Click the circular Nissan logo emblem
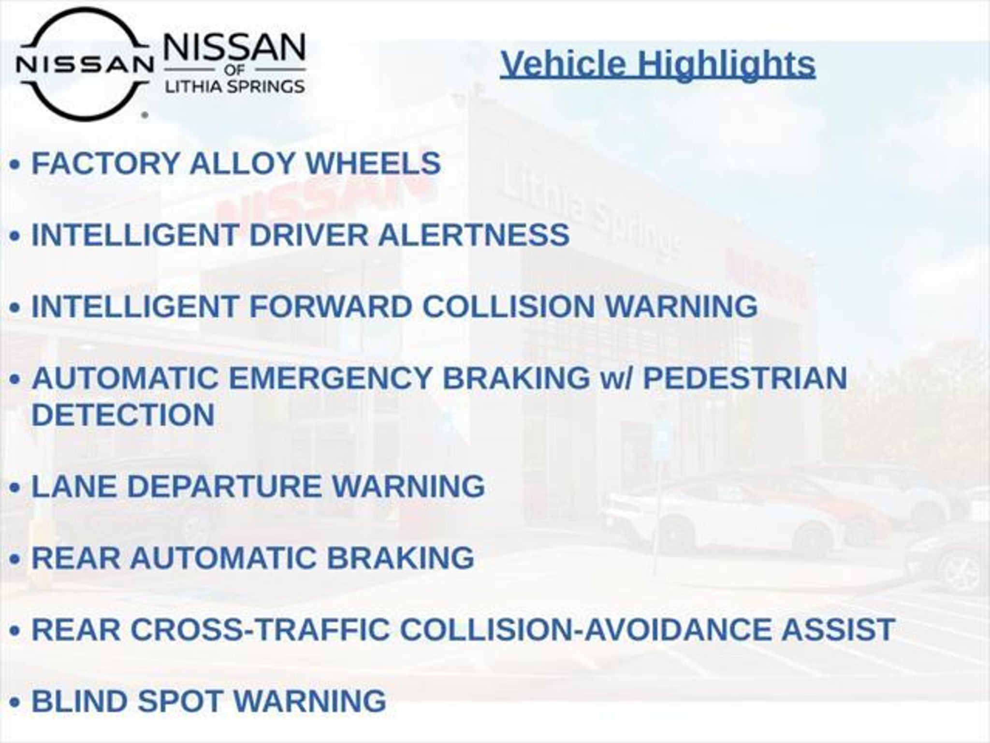click(84, 64)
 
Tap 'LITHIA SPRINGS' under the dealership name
click(235, 87)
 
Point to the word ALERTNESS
click(473, 235)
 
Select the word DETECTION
click(123, 415)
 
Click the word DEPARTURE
click(224, 486)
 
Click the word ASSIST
click(838, 629)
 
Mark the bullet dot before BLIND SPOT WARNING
click(15, 702)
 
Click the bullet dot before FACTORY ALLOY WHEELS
click(15, 164)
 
